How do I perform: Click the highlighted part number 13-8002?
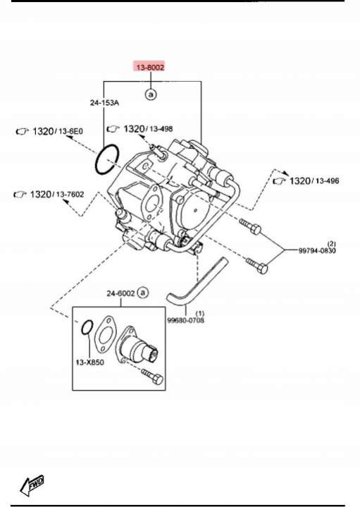(x=150, y=67)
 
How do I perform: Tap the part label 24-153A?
(x=104, y=103)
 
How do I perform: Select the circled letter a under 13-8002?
(x=151, y=94)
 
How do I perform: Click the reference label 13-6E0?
(x=70, y=131)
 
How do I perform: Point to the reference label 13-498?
(x=161, y=129)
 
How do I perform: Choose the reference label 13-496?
(x=328, y=181)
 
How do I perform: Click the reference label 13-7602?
(x=70, y=195)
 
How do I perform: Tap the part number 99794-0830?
(x=317, y=250)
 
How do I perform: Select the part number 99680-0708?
(x=185, y=320)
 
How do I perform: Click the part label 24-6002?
(x=120, y=293)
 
